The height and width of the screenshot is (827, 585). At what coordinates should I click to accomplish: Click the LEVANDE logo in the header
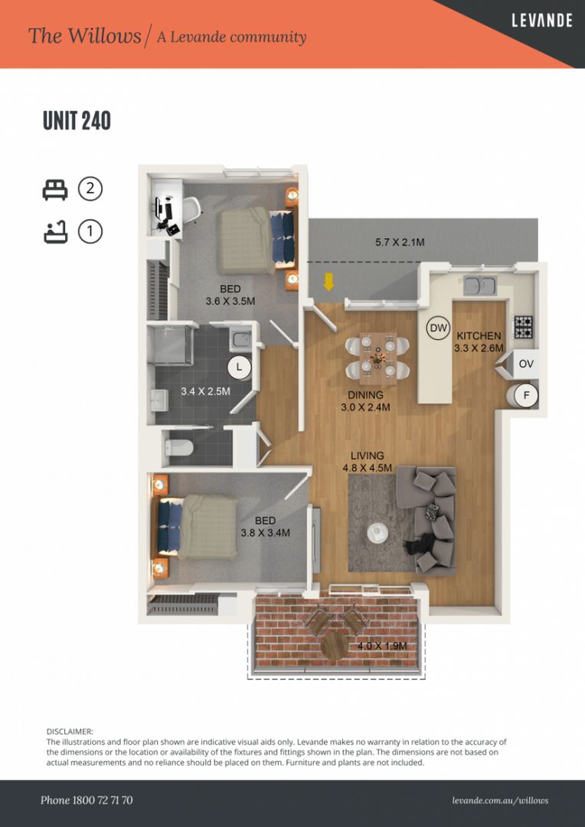coord(541,21)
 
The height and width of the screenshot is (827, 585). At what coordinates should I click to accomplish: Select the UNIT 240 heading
coord(77,121)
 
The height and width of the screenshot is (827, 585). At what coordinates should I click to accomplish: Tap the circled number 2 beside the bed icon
coord(90,188)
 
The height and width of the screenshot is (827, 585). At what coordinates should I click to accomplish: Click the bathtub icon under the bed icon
coord(56,231)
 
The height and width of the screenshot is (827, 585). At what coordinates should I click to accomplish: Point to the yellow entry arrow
coord(328,283)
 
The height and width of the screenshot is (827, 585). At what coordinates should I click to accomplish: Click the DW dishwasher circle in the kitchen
coord(438,329)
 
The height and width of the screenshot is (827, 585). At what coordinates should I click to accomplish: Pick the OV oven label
coord(525,364)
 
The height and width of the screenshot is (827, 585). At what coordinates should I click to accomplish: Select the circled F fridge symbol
coord(526,396)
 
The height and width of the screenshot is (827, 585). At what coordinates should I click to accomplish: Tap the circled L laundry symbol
coord(239,367)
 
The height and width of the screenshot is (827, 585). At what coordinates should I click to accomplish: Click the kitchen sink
coord(480,286)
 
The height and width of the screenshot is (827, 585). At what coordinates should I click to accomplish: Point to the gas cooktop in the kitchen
coord(523,328)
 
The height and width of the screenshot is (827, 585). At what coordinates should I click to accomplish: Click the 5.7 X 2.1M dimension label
coord(400,243)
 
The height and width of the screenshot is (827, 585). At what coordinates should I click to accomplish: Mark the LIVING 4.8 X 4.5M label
coord(367,462)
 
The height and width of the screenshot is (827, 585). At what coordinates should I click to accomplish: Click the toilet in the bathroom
coord(177,449)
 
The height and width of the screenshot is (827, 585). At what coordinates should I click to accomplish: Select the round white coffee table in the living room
coord(377,531)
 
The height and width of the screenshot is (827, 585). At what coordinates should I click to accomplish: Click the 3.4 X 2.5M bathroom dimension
coord(205,391)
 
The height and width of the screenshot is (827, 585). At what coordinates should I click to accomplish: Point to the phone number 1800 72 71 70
coord(87,800)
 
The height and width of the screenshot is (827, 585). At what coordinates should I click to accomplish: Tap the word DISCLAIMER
coord(70,732)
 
